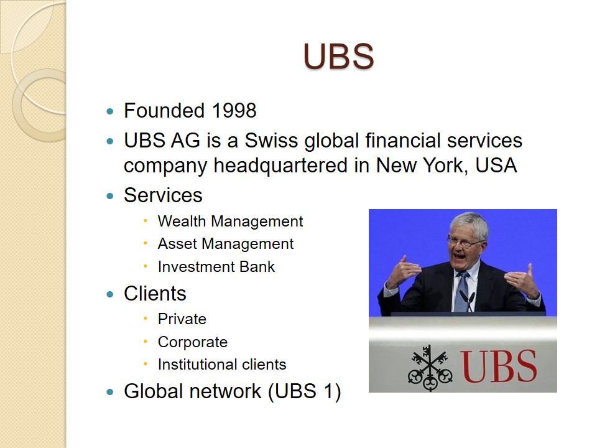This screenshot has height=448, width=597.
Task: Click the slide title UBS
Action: point(338,57)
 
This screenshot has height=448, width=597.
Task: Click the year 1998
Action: point(234,111)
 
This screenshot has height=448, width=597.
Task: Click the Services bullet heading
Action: point(163,195)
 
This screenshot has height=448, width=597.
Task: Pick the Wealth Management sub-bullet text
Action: point(230,222)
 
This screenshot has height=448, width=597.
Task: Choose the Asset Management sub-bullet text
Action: point(226,244)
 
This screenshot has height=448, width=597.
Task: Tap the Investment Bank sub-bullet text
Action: point(216,267)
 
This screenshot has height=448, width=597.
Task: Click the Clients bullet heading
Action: point(155,293)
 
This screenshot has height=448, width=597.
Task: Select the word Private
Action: point(182,319)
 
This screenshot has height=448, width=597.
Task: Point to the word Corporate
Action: point(193,342)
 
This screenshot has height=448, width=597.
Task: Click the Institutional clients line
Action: point(222,365)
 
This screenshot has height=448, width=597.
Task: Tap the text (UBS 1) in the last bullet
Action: point(305,391)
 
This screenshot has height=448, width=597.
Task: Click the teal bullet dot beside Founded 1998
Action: point(110,111)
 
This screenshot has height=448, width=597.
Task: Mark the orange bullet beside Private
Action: point(146,319)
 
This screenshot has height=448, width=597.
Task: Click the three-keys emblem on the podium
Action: point(430,368)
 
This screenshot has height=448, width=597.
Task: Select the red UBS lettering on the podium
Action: point(498,366)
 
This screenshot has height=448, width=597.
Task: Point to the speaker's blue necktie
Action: point(462,291)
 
